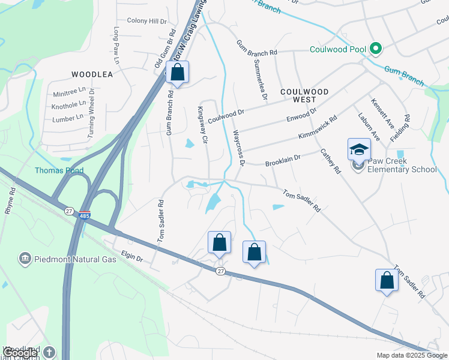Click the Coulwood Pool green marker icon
[x=376, y=48]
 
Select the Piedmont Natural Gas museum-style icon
[x=25, y=259]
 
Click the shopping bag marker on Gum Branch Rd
[x=178, y=73]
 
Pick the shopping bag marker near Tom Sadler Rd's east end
[x=387, y=280]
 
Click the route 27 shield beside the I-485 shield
[x=68, y=210]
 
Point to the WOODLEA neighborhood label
[x=92, y=74]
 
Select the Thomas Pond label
[x=59, y=170]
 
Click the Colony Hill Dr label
[x=146, y=21]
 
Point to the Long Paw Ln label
[x=116, y=46]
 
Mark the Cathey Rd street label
[x=330, y=161]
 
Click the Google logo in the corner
[x=19, y=353]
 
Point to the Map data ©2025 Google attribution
[x=411, y=355]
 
